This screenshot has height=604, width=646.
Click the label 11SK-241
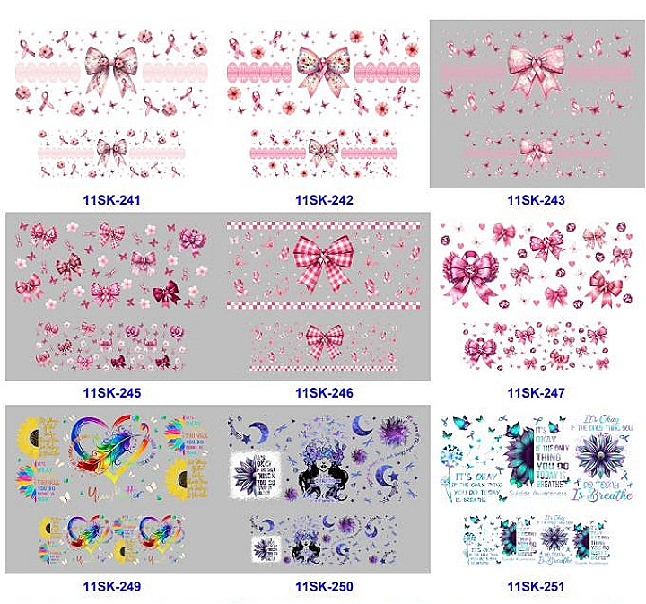coord(112,199)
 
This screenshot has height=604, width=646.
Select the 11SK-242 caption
coord(324,199)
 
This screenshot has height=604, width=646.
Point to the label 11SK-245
coord(112,392)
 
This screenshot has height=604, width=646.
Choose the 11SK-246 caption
coord(324,392)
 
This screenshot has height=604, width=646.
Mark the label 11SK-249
coord(112,587)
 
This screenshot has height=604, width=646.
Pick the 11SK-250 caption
coord(324,587)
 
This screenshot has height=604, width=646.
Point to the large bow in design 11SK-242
coord(324,68)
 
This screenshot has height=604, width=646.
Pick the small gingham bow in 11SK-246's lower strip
coord(325,342)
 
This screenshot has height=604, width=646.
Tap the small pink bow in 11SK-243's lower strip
coord(536,149)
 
